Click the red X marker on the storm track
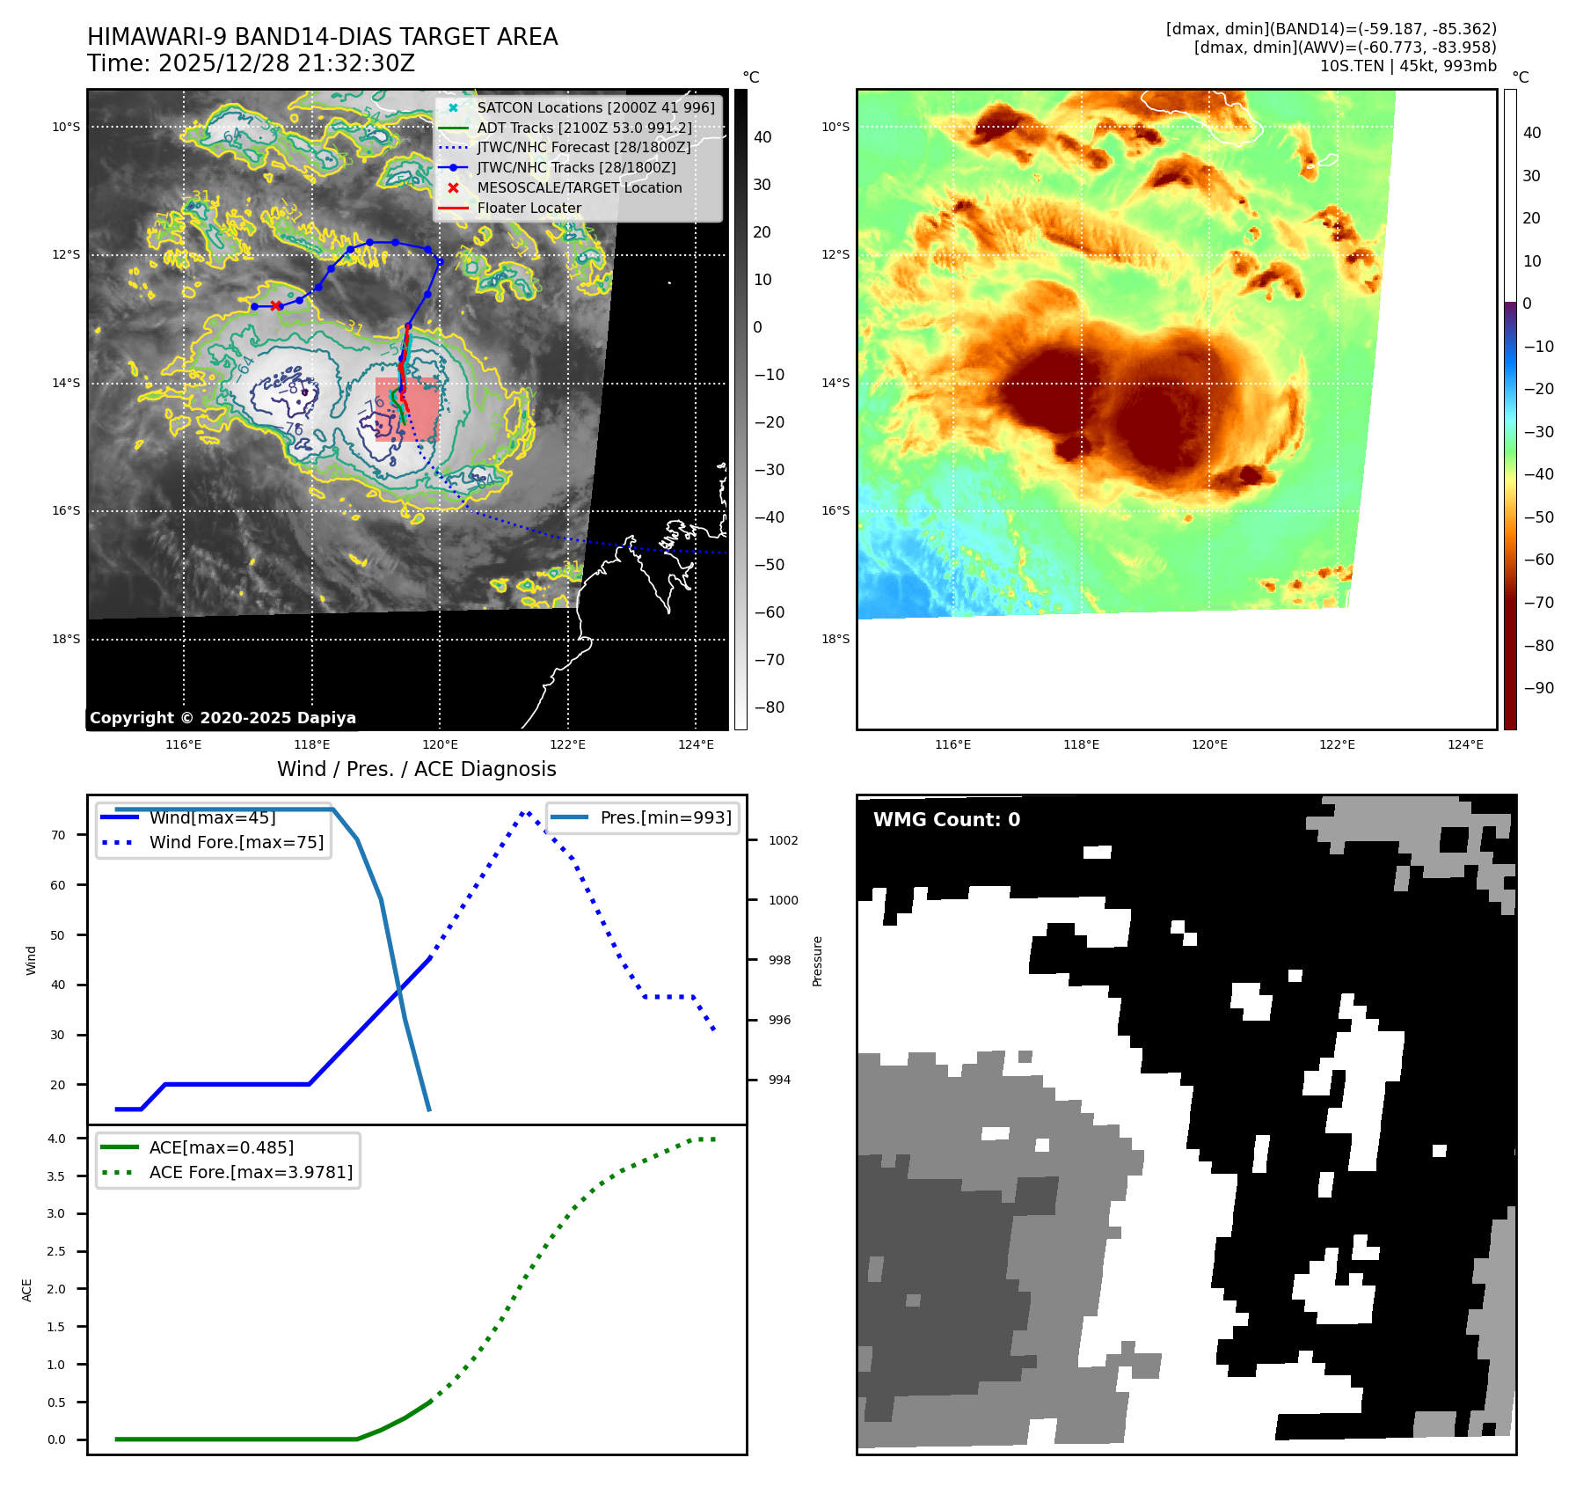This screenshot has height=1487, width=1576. click(x=276, y=306)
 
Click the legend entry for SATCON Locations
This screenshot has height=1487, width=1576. click(x=595, y=107)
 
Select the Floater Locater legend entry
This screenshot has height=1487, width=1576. click(x=529, y=208)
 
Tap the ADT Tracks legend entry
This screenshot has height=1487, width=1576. click(x=584, y=128)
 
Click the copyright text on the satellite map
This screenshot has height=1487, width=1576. click(x=223, y=718)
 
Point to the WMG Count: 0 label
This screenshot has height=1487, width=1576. click(x=946, y=820)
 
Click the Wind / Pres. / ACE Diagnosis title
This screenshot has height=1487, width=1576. click(x=416, y=769)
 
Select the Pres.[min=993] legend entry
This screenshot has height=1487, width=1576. click(x=665, y=817)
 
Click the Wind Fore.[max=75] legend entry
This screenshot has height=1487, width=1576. click(x=236, y=842)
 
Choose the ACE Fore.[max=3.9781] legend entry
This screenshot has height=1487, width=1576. click(x=251, y=1172)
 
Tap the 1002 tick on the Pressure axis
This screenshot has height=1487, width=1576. click(x=783, y=840)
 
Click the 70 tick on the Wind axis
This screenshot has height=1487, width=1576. click(x=58, y=835)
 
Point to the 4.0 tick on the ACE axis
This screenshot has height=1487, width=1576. click(x=56, y=1139)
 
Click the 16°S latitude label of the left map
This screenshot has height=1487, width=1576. click(x=66, y=510)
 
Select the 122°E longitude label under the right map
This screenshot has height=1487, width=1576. click(x=1337, y=744)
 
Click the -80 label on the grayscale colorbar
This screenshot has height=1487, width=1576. click(x=769, y=707)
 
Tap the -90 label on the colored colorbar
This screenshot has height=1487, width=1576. click(x=1538, y=688)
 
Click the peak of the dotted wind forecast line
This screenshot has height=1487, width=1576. click(x=525, y=812)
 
